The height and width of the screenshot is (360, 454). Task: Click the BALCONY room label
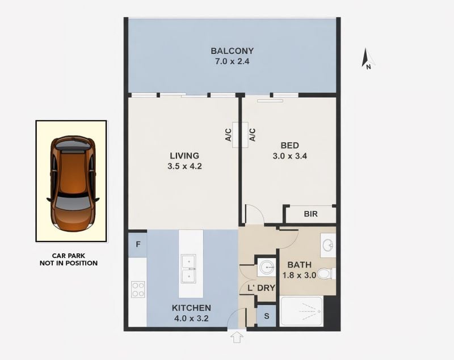tap(232, 51)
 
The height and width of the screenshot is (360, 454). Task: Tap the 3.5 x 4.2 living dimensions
tap(184, 166)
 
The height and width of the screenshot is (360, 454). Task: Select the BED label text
tap(290, 146)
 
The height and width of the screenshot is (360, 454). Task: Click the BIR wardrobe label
tap(310, 214)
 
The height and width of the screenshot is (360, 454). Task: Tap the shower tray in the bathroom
tap(302, 311)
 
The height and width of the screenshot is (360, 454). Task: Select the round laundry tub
tap(267, 268)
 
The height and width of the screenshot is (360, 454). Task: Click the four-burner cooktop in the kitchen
tap(138, 290)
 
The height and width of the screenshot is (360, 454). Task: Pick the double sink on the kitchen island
tap(188, 269)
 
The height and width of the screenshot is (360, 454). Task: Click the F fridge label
tap(138, 244)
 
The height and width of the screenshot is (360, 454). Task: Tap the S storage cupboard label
tap(266, 316)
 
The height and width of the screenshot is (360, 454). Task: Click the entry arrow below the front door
tap(237, 337)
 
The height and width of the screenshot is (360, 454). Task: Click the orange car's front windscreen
tap(73, 202)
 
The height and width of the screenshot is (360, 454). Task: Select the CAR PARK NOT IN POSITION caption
tap(69, 260)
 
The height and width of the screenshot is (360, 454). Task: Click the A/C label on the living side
tap(229, 135)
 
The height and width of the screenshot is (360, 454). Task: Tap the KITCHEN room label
tap(191, 308)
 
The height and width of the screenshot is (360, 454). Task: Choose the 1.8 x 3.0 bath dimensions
tap(300, 276)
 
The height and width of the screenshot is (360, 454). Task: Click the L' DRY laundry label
tap(261, 288)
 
